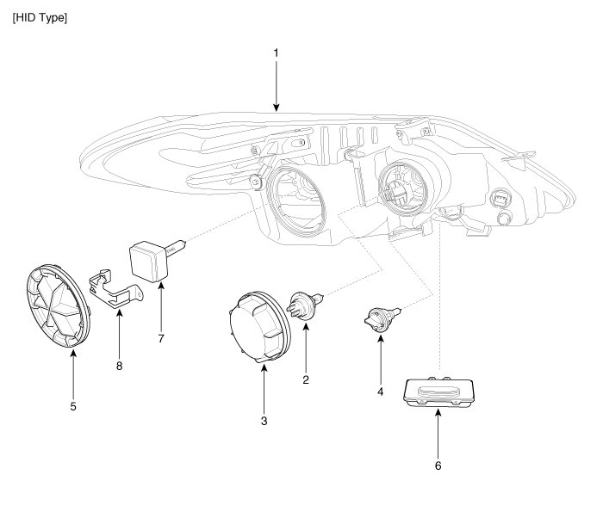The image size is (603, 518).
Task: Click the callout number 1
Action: pyautogui.click(x=276, y=52)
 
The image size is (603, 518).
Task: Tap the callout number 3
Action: pyautogui.click(x=264, y=421)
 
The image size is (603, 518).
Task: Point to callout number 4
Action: pyautogui.click(x=380, y=392)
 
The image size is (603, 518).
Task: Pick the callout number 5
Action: pyautogui.click(x=73, y=405)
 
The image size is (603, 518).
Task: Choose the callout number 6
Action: pyautogui.click(x=438, y=466)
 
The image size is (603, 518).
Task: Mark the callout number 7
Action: pyautogui.click(x=161, y=338)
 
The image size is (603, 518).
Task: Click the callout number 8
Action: pyautogui.click(x=120, y=366)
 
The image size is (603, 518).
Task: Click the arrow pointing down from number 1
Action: pyautogui.click(x=276, y=86)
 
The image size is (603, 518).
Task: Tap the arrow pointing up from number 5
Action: pyautogui.click(x=73, y=370)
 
